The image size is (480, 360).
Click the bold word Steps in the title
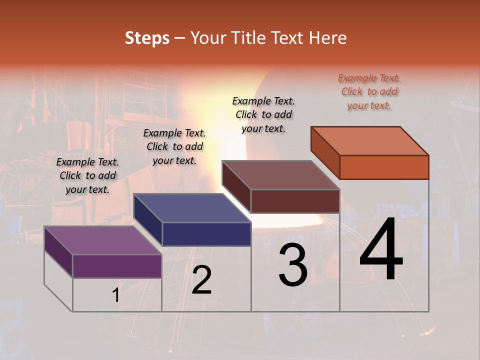coord(147,38)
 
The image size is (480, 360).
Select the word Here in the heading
coord(327,38)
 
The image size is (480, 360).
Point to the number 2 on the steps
coord(201,280)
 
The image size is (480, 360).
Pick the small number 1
coord(115,295)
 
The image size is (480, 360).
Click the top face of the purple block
coord(102,240)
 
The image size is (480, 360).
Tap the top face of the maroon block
coord(280,175)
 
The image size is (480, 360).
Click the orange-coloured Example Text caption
coord(369,91)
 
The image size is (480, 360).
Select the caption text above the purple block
coord(87,175)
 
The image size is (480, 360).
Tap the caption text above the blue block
coord(174,146)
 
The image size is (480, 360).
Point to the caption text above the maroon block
coord(263,114)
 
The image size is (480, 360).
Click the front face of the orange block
coord(384,167)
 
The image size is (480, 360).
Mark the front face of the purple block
coord(117,266)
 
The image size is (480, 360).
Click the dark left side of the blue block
coord(148,220)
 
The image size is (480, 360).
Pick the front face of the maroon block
coord(295,201)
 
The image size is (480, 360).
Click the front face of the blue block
coord(206,234)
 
